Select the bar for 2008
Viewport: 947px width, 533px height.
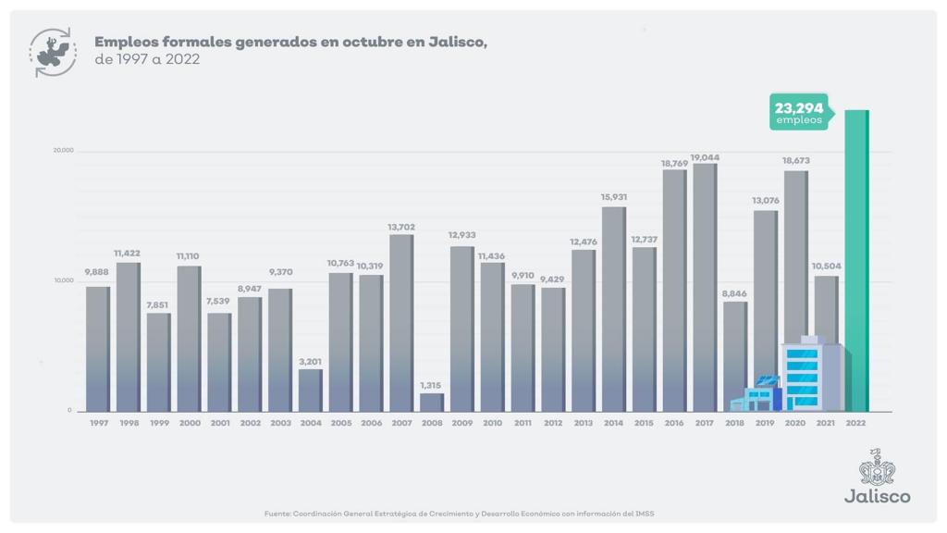(x=431, y=403)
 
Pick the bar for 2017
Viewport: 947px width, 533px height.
(x=705, y=287)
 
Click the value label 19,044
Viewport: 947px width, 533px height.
(x=705, y=157)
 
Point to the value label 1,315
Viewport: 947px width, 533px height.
(x=431, y=385)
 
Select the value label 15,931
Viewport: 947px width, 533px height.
(x=613, y=197)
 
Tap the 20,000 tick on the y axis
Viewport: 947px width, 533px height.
(x=62, y=151)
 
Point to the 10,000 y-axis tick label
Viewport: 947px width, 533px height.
(x=62, y=280)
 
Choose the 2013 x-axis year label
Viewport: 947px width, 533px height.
(x=584, y=423)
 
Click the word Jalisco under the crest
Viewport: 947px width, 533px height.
(x=877, y=496)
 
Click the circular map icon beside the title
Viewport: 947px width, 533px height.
(x=54, y=52)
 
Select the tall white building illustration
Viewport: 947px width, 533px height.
(x=810, y=374)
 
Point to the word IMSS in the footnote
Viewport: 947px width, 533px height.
(x=646, y=514)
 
